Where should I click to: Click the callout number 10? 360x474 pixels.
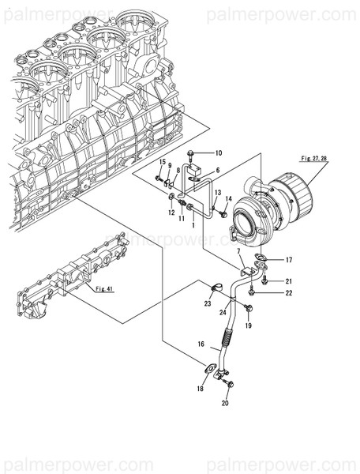click(x=219, y=152)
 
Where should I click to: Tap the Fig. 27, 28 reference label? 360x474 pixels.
click(x=313, y=160)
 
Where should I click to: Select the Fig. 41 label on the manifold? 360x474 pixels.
click(x=104, y=288)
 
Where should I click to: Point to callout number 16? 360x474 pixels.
click(x=201, y=344)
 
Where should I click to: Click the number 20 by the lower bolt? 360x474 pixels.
click(x=225, y=403)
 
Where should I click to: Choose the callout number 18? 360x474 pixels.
click(x=201, y=389)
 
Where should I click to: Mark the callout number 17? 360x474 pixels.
click(x=289, y=259)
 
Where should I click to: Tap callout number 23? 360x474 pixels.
click(x=207, y=303)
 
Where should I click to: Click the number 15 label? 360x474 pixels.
click(x=162, y=162)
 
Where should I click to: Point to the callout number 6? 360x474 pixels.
click(x=216, y=170)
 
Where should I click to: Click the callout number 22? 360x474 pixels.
click(x=289, y=294)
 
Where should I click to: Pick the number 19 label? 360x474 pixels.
click(x=248, y=325)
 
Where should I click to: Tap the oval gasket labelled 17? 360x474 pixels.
click(x=261, y=259)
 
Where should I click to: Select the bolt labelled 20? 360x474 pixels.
click(x=228, y=384)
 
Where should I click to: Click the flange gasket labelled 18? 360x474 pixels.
click(x=211, y=367)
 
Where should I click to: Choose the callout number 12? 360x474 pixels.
click(x=171, y=213)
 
